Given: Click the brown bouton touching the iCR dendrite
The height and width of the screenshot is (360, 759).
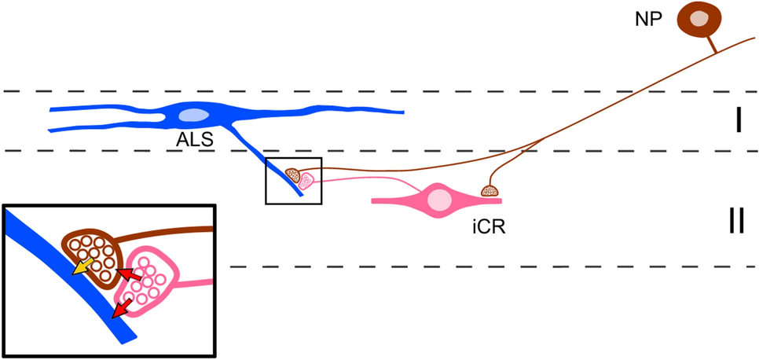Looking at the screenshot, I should point(492,189).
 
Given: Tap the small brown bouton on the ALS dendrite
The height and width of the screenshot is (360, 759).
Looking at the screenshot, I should point(292,174).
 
